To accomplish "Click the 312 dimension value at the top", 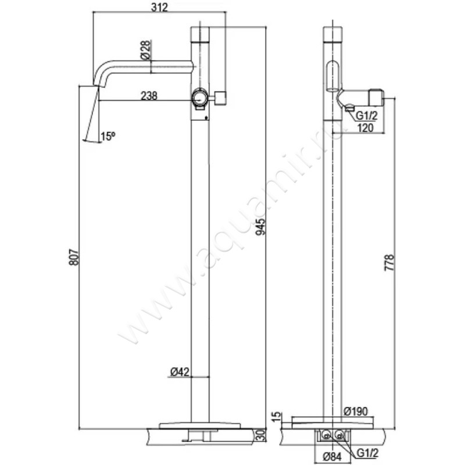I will point(159,8).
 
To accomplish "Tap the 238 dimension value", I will point(149,97).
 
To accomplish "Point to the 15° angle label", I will point(108,136).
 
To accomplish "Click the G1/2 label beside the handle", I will point(367,116).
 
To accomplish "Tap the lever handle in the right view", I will point(364,94).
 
